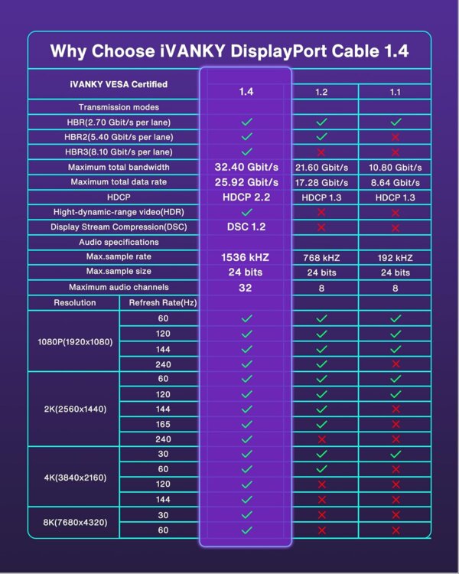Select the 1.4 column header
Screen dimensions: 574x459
click(246, 91)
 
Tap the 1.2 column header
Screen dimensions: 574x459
click(322, 92)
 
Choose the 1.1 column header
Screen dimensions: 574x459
click(396, 92)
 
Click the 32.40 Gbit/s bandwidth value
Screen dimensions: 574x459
click(246, 167)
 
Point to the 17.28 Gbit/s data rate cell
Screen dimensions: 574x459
click(322, 182)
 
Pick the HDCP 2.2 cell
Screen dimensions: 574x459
click(246, 197)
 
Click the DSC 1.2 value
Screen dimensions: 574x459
click(246, 227)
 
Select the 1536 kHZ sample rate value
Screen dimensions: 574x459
click(246, 257)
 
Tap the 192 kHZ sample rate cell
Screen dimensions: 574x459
click(396, 257)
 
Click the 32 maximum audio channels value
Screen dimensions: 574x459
click(246, 287)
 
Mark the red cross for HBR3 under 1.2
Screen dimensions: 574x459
click(322, 152)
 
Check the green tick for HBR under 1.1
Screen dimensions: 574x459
click(396, 122)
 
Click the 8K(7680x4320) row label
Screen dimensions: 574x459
click(75, 523)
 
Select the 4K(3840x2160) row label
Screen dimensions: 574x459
click(75, 478)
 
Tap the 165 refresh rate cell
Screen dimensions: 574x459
click(163, 424)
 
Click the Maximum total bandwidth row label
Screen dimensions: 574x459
click(113, 167)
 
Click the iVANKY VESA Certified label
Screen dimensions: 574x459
click(113, 84)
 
